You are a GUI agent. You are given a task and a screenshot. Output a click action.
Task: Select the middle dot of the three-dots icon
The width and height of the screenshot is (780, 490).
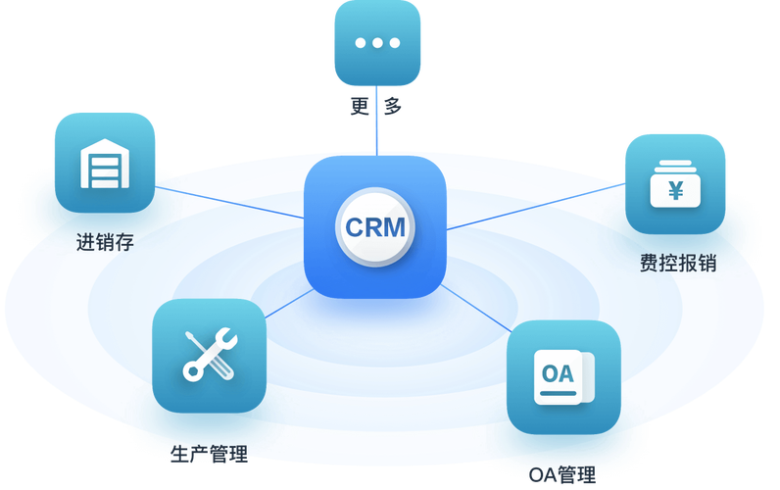tap(376, 43)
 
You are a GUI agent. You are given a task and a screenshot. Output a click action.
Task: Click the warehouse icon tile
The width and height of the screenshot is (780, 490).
tap(105, 162)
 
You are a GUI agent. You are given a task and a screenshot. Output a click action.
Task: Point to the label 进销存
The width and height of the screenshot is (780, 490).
tap(105, 241)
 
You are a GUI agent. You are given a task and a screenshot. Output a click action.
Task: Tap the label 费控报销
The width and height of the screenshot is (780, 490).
tap(677, 263)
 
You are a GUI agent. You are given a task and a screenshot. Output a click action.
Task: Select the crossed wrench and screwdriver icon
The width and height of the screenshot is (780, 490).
tap(209, 354)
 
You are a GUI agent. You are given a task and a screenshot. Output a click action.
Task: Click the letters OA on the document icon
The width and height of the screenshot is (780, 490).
tap(558, 373)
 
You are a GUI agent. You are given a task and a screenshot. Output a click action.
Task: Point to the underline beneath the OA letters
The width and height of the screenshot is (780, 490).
tap(558, 393)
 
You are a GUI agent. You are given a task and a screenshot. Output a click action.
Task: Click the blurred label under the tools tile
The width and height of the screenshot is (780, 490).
tap(209, 453)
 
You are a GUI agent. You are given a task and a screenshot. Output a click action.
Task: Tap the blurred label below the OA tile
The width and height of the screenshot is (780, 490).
tap(562, 474)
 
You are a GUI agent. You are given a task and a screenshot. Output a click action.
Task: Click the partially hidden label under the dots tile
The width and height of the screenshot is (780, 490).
tap(376, 106)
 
